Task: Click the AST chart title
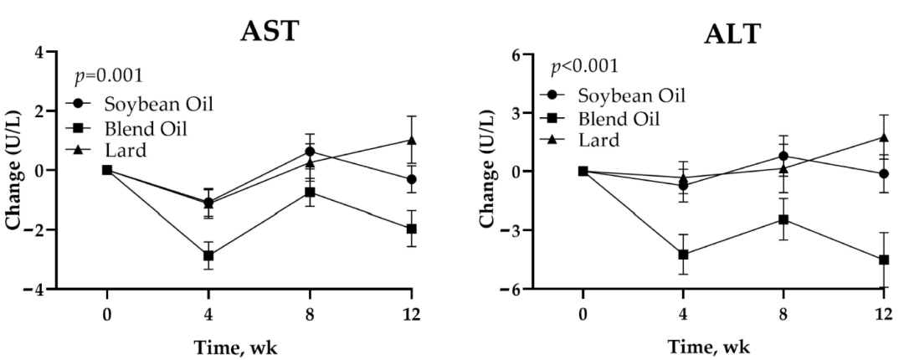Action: click(270, 32)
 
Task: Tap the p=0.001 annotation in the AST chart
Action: click(108, 75)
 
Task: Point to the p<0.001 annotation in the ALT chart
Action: click(584, 66)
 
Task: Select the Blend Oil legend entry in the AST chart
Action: click(126, 127)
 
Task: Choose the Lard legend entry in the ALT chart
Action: click(580, 139)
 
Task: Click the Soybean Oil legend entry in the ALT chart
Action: click(613, 95)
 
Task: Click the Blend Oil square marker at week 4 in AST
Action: click(208, 255)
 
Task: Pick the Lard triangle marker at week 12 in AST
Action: click(411, 140)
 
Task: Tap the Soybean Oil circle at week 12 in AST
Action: click(411, 179)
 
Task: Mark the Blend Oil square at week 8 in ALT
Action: click(783, 220)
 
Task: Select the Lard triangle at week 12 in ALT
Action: click(883, 137)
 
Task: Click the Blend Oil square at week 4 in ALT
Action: click(683, 255)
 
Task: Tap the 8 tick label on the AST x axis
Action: click(310, 315)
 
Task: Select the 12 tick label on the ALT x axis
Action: click(883, 315)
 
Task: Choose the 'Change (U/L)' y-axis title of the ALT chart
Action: click(488, 172)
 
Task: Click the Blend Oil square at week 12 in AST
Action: click(411, 229)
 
